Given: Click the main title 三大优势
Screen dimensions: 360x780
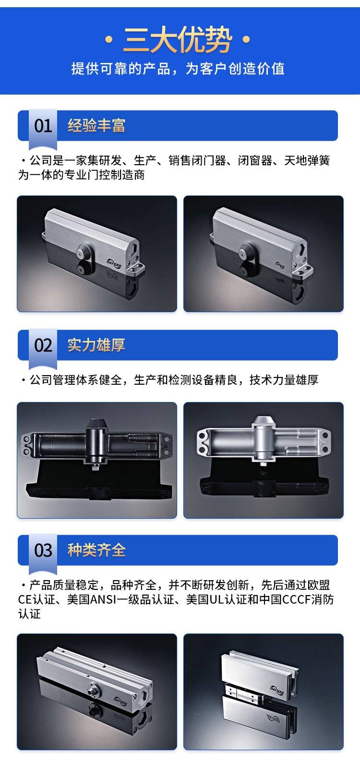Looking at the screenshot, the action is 178,40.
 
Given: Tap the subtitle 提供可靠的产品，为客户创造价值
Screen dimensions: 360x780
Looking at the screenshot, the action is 178,69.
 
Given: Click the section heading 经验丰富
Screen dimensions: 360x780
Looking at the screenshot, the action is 96,125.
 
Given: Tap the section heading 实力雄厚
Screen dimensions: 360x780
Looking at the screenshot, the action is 96,345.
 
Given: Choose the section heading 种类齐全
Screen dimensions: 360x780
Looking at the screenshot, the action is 96,550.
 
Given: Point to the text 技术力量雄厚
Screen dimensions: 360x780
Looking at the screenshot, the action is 284,379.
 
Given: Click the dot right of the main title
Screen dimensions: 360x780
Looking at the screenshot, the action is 246,39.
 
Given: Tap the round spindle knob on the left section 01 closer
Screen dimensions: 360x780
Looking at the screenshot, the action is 84,250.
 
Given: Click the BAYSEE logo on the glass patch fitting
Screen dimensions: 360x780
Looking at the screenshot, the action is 277,690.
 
